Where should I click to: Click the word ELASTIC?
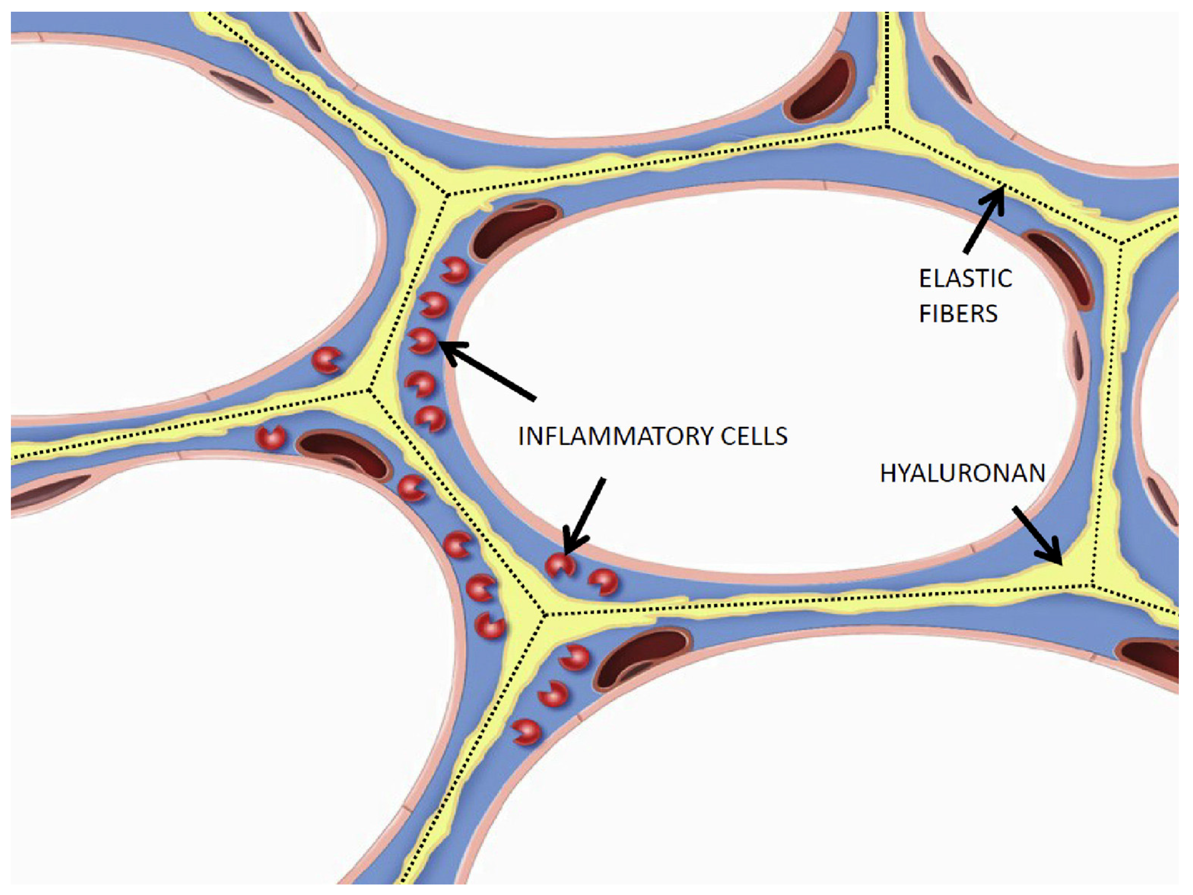(965, 279)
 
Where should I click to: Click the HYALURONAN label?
(963, 473)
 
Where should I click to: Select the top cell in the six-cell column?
(454, 270)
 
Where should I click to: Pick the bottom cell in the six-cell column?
(431, 419)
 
